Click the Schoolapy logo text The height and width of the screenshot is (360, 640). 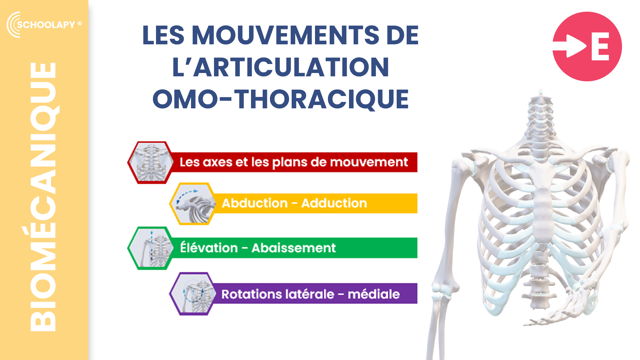(46, 25)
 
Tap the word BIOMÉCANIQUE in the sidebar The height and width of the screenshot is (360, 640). (43, 197)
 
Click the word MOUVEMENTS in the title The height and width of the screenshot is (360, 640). (285, 35)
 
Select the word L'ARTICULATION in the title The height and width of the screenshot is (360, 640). (281, 67)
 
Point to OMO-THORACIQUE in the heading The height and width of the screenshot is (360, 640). (281, 99)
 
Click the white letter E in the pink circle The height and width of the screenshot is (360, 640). (600, 46)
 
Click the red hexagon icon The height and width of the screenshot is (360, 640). (151, 162)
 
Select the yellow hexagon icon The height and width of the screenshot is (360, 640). (193, 203)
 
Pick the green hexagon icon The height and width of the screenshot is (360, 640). (151, 248)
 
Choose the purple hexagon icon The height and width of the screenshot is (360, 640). (193, 294)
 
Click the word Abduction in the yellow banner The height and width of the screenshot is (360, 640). (255, 203)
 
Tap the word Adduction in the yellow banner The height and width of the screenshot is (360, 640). (334, 203)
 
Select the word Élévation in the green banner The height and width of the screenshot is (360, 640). (209, 247)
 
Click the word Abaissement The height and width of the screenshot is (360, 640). (294, 248)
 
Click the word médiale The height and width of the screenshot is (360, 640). (374, 294)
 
